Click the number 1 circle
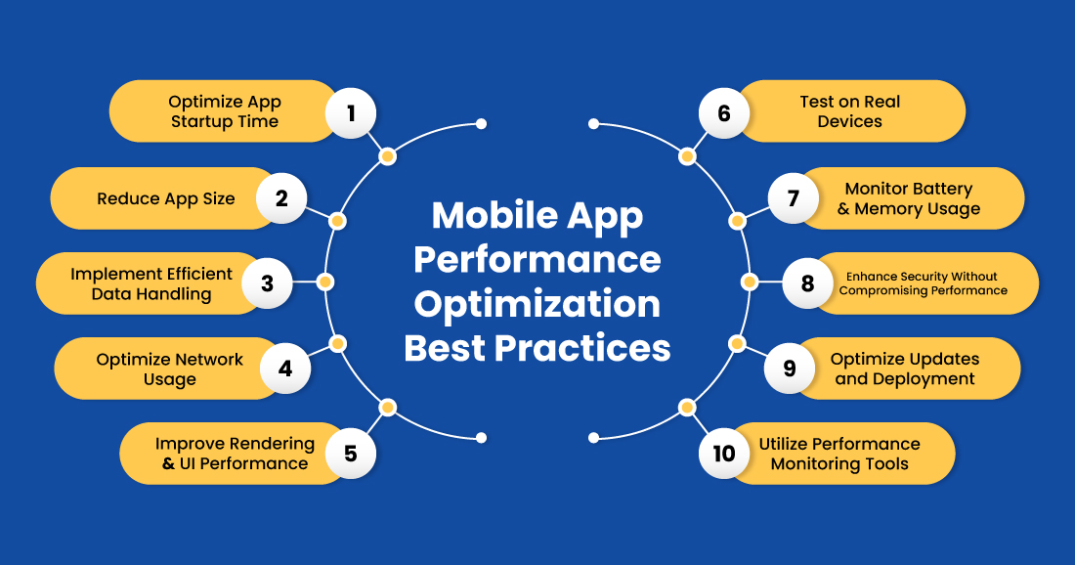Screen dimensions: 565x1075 [x=351, y=112]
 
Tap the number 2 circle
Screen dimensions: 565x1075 [x=281, y=198]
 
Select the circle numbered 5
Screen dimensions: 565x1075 [x=350, y=454]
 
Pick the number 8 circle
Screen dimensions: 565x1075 [x=807, y=283]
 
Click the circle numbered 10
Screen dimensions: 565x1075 [x=723, y=454]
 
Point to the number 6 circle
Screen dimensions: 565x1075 [x=724, y=112]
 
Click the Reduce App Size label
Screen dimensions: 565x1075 [x=166, y=198]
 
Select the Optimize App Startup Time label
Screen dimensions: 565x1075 [x=225, y=111]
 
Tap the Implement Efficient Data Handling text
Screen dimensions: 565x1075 [x=151, y=283]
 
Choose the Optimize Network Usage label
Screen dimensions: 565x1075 [x=170, y=369]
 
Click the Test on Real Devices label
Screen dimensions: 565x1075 [x=849, y=111]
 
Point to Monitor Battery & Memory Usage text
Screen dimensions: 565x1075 [x=909, y=198]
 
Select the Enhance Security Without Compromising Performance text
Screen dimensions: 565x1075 [x=923, y=283]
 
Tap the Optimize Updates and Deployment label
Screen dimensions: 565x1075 [x=905, y=369]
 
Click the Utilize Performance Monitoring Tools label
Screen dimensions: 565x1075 [x=839, y=454]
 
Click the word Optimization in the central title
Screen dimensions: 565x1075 [x=537, y=304]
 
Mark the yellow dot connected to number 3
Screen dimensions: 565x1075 [x=326, y=282]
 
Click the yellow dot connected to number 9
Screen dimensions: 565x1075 [x=737, y=343]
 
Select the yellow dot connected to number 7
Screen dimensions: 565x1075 [x=737, y=222]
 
